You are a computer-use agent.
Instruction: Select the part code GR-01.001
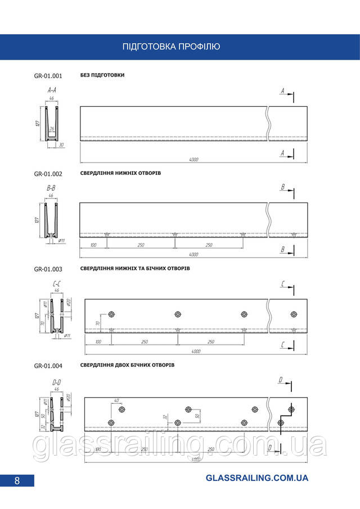click(48, 76)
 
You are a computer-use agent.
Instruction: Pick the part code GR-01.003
click(48, 269)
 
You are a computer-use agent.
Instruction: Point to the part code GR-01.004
click(48, 366)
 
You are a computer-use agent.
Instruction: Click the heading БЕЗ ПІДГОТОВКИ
click(102, 75)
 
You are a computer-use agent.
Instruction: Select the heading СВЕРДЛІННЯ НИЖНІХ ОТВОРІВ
click(120, 173)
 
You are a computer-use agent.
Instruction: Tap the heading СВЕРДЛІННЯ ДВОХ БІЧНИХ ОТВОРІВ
click(127, 365)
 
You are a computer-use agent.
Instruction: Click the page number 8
click(17, 480)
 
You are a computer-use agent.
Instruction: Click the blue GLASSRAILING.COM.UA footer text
click(257, 478)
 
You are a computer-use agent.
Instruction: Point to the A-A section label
click(51, 90)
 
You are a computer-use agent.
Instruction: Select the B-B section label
click(51, 188)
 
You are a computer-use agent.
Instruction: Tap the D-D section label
click(56, 382)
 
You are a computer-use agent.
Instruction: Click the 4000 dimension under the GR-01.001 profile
click(193, 160)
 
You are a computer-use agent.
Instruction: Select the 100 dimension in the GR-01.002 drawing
click(93, 246)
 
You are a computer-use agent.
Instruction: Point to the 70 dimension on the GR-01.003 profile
click(97, 323)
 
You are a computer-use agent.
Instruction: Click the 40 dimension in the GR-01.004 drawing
click(117, 400)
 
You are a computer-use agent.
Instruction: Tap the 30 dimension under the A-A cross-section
click(61, 145)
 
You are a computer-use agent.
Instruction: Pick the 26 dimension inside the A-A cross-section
click(51, 129)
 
